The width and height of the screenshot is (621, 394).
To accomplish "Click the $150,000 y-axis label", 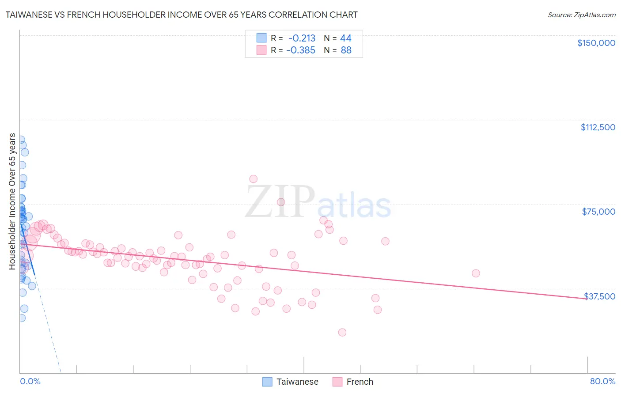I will coord(596,43).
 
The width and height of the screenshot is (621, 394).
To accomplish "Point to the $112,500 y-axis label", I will coord(598,127).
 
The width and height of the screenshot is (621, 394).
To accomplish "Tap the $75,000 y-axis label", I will coord(598,212).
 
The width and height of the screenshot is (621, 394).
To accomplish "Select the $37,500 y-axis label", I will coord(599,296).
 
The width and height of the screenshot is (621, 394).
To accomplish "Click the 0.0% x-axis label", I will coord(30,381).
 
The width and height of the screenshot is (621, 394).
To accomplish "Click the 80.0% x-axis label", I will coord(602,381).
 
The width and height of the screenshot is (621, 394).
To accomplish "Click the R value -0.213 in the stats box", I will coord(302,38).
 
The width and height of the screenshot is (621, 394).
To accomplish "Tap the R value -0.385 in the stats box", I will coord(301,50).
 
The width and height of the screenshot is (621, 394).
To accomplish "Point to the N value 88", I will coord(346,50).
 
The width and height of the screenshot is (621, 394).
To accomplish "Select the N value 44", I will coord(345,38).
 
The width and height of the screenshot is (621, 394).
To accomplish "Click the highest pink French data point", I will coord(253,179).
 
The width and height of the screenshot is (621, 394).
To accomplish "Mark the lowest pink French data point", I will coord(342,332).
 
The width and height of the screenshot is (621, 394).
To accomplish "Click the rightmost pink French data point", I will coord(476,273).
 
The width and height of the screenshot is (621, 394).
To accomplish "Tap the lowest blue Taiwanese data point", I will coord(21,318).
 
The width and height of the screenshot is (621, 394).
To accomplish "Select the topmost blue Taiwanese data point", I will coord(20,140).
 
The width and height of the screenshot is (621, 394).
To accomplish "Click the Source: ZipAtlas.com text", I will coord(581,15).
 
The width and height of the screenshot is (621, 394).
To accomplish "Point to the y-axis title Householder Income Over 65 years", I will coord(12,201).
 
